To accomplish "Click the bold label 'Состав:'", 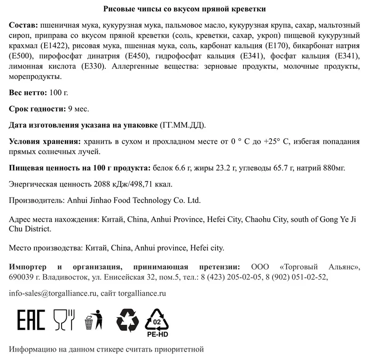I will [23, 24].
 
